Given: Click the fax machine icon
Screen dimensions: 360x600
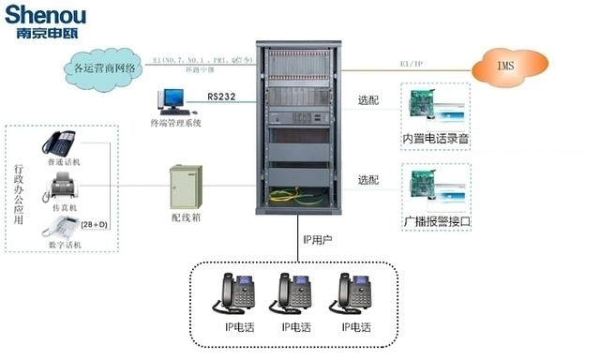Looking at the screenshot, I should [61, 187].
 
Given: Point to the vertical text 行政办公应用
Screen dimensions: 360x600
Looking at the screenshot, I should [20, 196].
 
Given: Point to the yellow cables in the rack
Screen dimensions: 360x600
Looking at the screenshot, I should [299, 196].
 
